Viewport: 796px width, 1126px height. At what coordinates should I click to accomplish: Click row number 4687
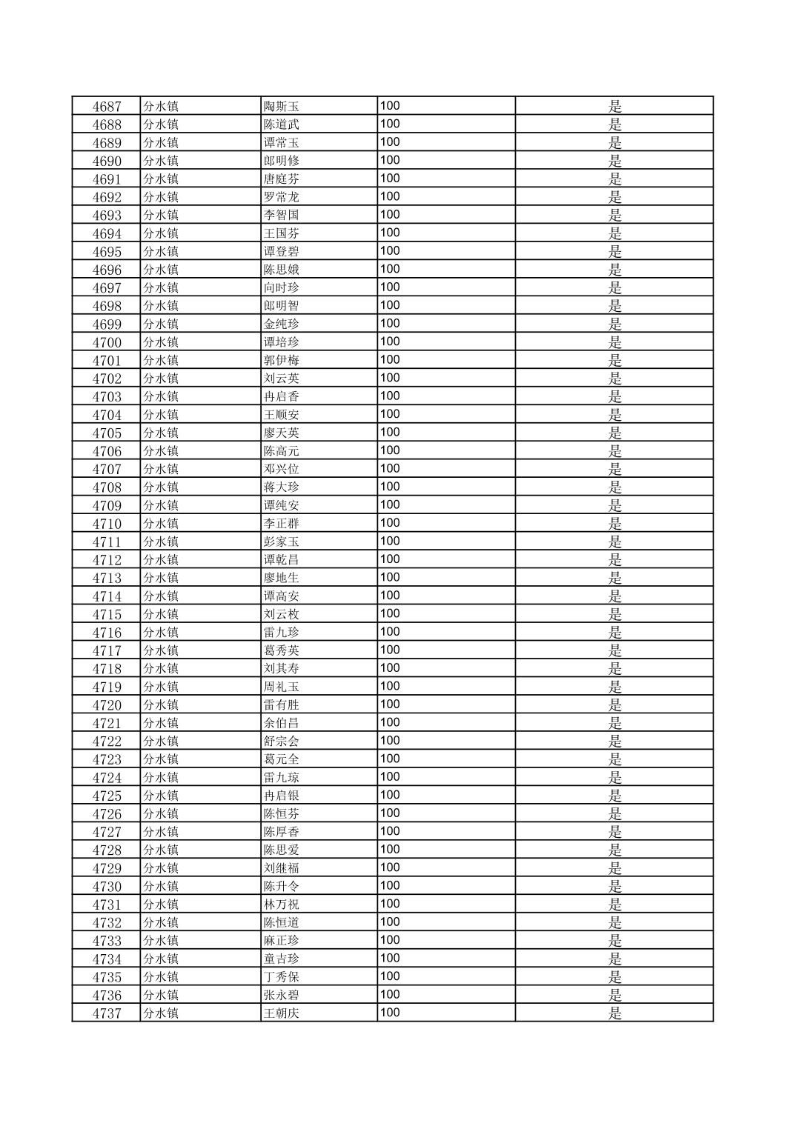coord(107,107)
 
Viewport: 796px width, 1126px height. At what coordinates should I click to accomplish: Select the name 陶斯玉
coord(282,107)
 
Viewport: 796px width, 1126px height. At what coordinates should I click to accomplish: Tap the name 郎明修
coord(282,161)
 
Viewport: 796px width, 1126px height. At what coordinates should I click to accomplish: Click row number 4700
coord(107,342)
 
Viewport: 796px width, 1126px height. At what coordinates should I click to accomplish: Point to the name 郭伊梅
coord(282,361)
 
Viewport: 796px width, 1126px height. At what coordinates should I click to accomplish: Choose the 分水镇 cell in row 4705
coord(161,433)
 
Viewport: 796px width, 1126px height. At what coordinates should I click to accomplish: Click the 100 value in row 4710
coord(390,523)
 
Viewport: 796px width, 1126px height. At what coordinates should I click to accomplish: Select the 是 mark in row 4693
coord(615,216)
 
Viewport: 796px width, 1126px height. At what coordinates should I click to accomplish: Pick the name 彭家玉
coord(282,542)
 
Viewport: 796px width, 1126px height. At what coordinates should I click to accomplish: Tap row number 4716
coord(107,633)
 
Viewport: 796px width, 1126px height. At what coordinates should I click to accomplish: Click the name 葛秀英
coord(282,651)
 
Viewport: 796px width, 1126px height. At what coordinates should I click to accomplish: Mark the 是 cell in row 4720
coord(615,705)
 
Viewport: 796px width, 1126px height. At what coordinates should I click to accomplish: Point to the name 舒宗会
coord(282,742)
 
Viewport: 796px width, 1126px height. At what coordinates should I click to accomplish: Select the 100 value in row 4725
coord(390,795)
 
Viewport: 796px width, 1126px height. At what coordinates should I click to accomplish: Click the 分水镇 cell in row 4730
coord(161,887)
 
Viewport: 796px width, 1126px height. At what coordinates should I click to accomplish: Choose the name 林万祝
coord(282,905)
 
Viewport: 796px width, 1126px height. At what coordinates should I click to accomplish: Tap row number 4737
coord(107,1013)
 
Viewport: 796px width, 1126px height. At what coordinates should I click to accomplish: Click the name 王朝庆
coord(282,1013)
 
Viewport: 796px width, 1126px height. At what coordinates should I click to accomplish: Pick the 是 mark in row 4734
coord(615,959)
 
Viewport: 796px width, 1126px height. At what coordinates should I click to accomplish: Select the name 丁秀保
coord(282,977)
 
